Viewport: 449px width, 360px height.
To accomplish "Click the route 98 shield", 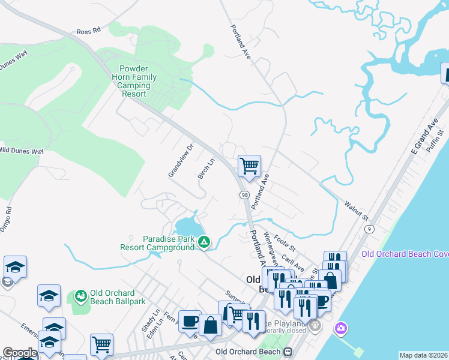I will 244,196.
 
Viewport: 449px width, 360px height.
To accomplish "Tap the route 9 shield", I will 369,229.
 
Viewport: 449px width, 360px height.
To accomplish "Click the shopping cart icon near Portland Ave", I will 249,165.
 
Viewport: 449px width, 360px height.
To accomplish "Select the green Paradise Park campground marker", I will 204,242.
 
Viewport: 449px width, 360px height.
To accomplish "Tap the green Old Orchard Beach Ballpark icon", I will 80,296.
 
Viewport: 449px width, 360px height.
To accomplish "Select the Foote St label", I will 285,242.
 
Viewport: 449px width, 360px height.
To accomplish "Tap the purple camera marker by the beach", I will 341,328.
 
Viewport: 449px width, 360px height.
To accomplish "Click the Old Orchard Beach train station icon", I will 288,352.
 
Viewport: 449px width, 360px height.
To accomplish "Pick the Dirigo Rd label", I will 8,219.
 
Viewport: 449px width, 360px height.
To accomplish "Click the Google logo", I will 20,353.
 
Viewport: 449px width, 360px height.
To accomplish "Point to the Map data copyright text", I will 423,355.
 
